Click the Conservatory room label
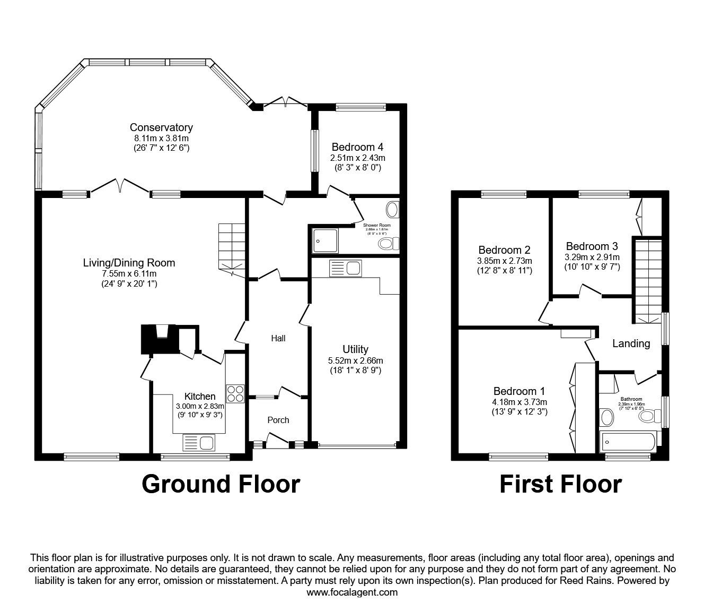(161, 127)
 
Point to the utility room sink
(345, 269)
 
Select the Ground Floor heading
(221, 484)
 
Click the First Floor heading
(560, 484)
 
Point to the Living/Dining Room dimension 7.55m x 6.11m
(129, 273)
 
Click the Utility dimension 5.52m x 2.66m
(355, 360)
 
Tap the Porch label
(278, 420)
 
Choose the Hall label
(278, 338)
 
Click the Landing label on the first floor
(631, 343)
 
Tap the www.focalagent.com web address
(352, 592)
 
